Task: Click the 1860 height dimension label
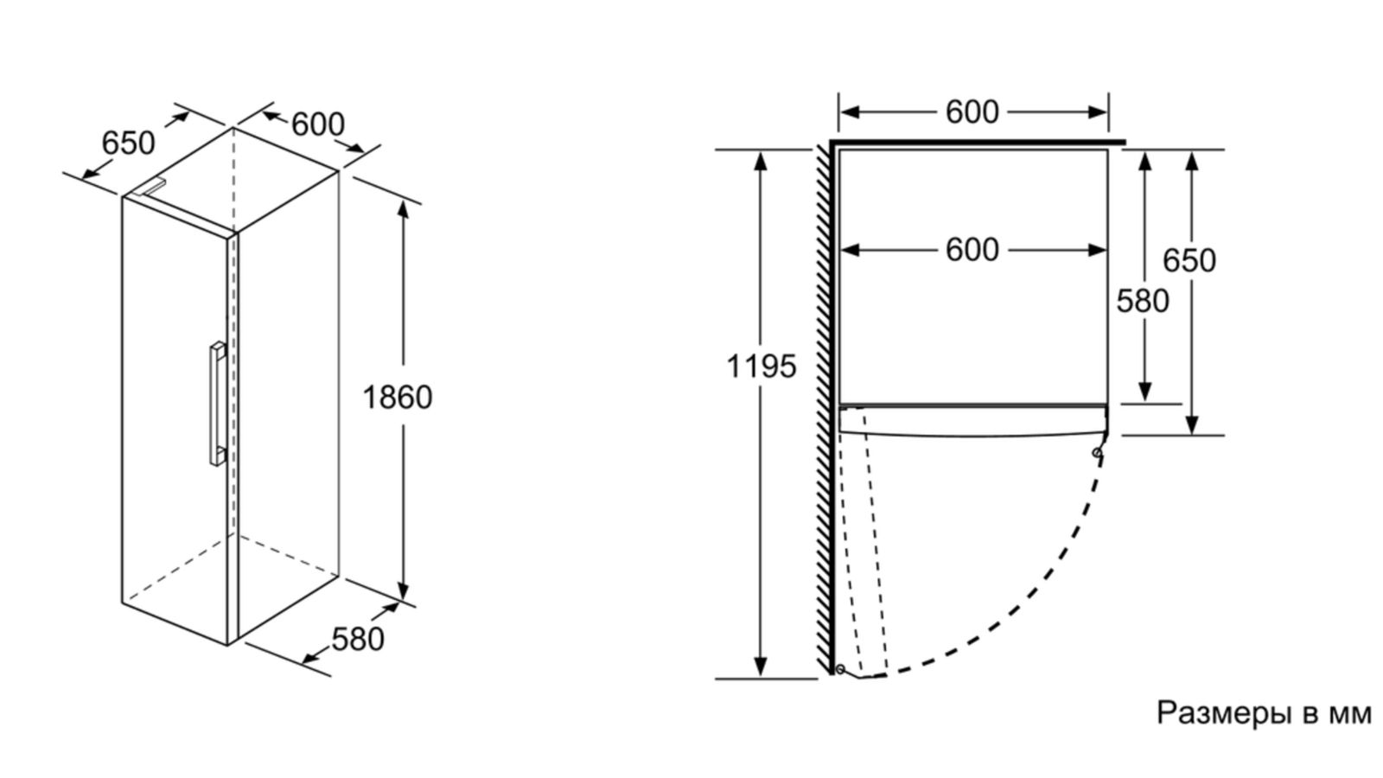[x=397, y=398]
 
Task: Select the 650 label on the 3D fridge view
[x=128, y=143]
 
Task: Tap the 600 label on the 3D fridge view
[x=317, y=124]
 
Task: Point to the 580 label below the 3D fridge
[x=357, y=640]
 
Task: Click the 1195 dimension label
[x=761, y=367]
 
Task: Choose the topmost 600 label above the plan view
[x=972, y=112]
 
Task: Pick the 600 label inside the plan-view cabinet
[x=972, y=251]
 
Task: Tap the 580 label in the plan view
[x=1143, y=301]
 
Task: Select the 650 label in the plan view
[x=1189, y=260]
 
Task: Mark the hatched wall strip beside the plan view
[x=824, y=406]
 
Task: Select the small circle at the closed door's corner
[x=1097, y=452]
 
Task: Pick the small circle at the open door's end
[x=839, y=668]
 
